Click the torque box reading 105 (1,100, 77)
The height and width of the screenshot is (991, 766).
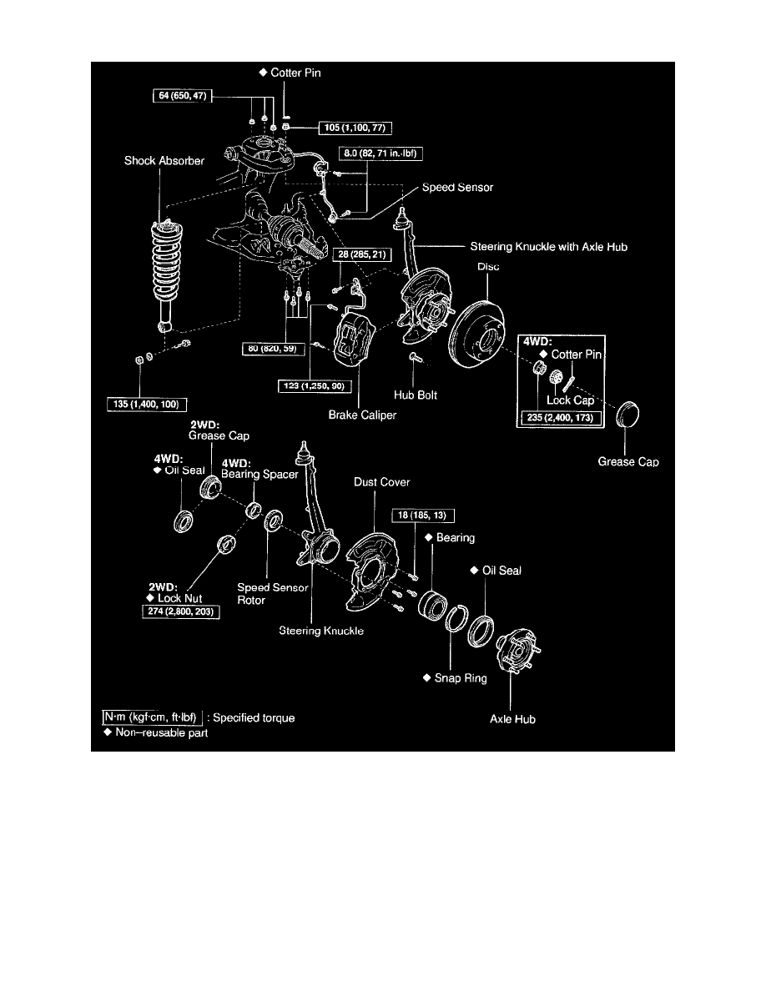pyautogui.click(x=355, y=128)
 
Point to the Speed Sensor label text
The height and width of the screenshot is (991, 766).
pyautogui.click(x=457, y=188)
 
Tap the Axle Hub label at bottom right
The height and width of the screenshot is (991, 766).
pyautogui.click(x=512, y=719)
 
